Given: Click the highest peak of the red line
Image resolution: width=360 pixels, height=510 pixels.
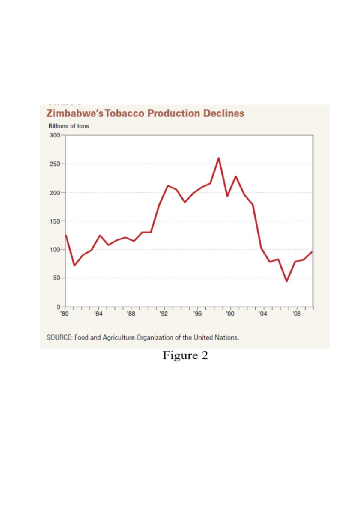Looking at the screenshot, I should [219, 158].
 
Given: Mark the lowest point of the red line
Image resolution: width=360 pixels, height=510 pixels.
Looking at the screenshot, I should [286, 281].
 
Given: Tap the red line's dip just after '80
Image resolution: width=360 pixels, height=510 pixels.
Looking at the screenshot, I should [74, 265].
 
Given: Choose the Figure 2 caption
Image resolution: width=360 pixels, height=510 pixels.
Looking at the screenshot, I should [185, 356].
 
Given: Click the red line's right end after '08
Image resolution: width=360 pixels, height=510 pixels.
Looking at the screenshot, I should [312, 252].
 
